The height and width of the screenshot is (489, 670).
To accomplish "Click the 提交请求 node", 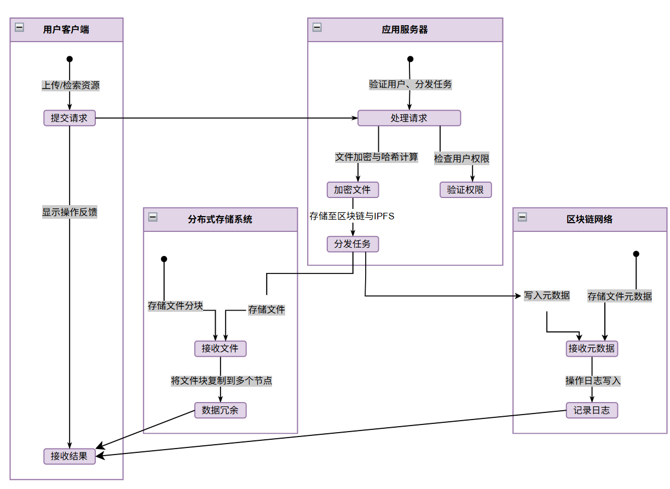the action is click(70, 118).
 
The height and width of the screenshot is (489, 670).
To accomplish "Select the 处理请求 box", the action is click(409, 118).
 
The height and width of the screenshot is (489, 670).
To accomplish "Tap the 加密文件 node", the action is click(353, 190).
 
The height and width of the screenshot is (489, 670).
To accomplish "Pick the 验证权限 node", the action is click(465, 190).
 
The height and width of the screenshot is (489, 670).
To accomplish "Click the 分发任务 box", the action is click(353, 244).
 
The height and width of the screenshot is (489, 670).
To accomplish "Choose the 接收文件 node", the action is click(221, 349).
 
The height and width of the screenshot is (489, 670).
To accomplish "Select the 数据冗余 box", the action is click(221, 410).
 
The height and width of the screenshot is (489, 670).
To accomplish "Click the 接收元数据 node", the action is click(592, 349).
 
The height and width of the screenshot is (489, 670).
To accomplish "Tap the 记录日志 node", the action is click(592, 410).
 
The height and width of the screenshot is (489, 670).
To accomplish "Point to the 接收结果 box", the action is click(70, 456).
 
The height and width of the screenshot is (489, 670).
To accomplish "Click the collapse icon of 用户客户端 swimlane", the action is click(20, 27).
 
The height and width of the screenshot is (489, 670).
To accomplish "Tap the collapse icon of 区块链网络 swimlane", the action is click(522, 217).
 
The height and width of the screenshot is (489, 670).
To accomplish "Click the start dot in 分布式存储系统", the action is click(164, 259).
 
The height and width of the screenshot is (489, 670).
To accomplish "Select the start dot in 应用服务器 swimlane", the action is click(411, 59).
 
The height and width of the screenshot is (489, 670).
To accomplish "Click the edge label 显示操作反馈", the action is click(70, 212).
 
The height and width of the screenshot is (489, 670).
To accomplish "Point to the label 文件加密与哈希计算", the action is click(376, 157).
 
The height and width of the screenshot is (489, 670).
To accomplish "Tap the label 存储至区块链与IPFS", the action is click(352, 216).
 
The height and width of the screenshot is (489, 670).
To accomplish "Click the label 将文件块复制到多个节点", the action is click(221, 381).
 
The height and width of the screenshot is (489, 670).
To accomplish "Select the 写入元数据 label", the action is click(547, 295).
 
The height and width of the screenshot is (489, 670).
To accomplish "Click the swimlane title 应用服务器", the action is click(405, 30).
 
